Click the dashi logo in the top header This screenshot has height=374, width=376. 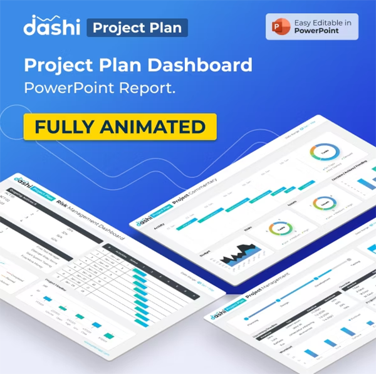(x=51, y=27)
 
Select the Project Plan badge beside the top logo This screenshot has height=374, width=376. (x=137, y=28)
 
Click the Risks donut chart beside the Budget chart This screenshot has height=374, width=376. (x=280, y=230)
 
